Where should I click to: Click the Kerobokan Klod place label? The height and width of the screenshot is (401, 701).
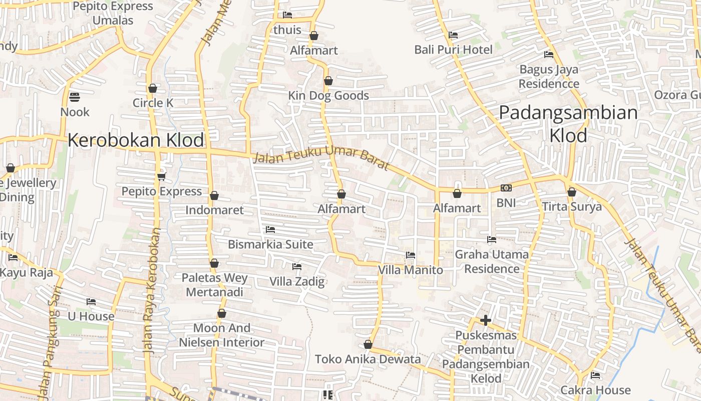click(x=136, y=140)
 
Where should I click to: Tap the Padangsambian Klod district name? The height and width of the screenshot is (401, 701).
click(x=568, y=124)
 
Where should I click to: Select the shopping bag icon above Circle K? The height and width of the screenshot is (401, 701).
click(x=153, y=88)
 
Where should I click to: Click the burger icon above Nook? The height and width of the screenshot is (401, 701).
click(x=75, y=97)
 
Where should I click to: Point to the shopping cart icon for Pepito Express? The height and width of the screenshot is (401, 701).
click(x=161, y=176)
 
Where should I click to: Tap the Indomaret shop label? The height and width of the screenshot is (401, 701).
click(x=214, y=210)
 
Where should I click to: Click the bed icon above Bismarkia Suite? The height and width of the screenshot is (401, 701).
click(x=270, y=230)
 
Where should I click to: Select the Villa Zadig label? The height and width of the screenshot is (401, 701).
click(x=297, y=281)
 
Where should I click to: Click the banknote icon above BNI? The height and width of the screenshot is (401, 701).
click(x=506, y=188)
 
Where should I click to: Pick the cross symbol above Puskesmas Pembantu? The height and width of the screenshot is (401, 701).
click(x=485, y=320)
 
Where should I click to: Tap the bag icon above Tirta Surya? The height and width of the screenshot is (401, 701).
click(x=572, y=192)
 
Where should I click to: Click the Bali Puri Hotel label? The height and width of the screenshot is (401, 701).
click(x=453, y=50)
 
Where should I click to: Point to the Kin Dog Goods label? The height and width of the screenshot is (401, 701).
click(x=328, y=96)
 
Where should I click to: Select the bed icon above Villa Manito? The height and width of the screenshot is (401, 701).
click(x=411, y=255)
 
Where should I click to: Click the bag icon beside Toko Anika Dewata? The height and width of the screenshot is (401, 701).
click(x=368, y=344)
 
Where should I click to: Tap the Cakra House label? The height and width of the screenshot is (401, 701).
click(x=595, y=390)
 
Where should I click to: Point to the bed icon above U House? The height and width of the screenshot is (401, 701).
click(x=91, y=302)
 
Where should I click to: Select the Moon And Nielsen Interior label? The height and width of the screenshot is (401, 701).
click(x=222, y=335)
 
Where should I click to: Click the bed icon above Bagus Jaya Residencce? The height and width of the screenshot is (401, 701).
click(x=549, y=54)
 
